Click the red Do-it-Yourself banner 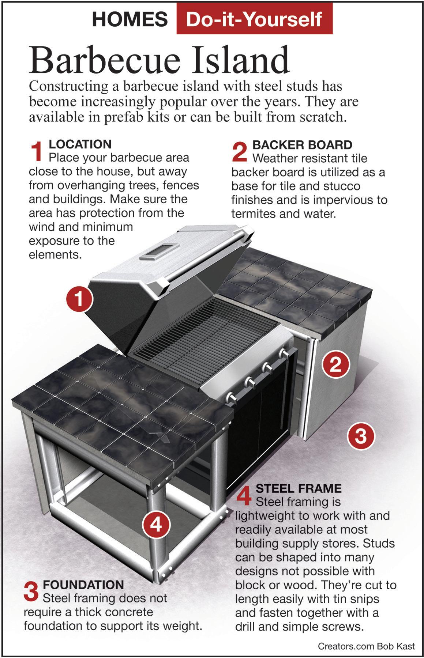tap(254, 19)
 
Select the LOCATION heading tap(80, 144)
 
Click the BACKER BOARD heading tap(302, 145)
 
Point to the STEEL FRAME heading tap(299, 488)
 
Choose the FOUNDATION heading tap(83, 585)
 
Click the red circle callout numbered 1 tap(80, 300)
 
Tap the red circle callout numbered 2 tap(336, 364)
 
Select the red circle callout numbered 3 tap(361, 436)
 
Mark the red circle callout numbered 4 tap(156, 525)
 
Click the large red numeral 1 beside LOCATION tap(37, 151)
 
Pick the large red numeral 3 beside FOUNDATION tap(31, 591)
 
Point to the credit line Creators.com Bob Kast tap(366, 646)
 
